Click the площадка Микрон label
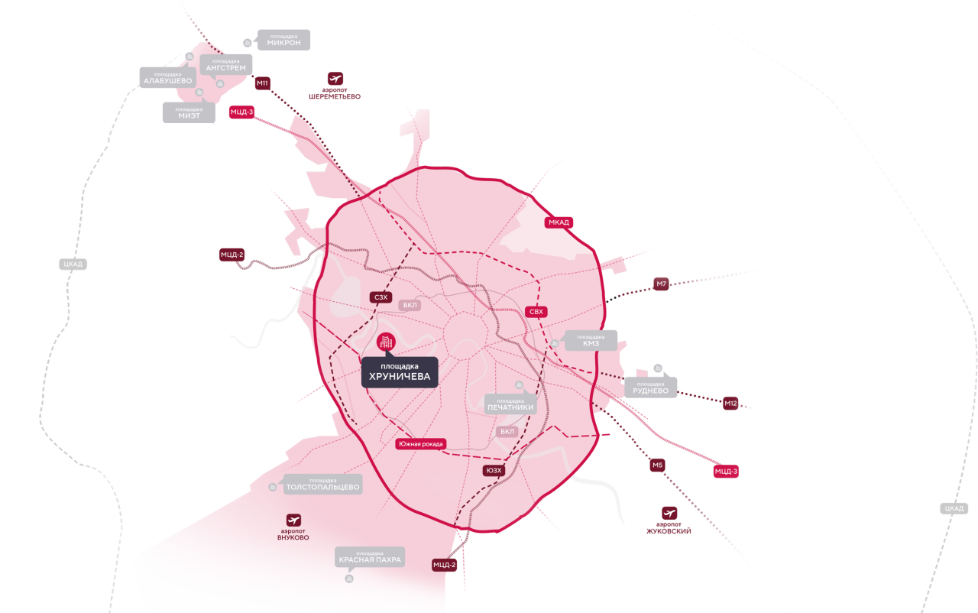pyautogui.click(x=283, y=40)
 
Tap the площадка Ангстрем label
pyautogui.click(x=226, y=65)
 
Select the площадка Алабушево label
pyautogui.click(x=167, y=77)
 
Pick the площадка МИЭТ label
pyautogui.click(x=189, y=112)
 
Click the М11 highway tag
pyautogui.click(x=263, y=83)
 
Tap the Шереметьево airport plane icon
pyautogui.click(x=335, y=79)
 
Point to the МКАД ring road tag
pyautogui.click(x=559, y=222)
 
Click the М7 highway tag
pyautogui.click(x=662, y=284)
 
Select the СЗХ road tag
pyautogui.click(x=381, y=297)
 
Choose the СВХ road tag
pyautogui.click(x=536, y=312)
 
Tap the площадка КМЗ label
pyautogui.click(x=591, y=340)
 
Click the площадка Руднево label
pyautogui.click(x=650, y=388)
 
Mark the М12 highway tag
pyautogui.click(x=730, y=403)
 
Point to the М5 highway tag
pyautogui.click(x=658, y=465)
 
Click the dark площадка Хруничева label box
pyautogui.click(x=400, y=372)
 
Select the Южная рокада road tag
pyautogui.click(x=420, y=444)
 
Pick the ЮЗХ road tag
pyautogui.click(x=494, y=470)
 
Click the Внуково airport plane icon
pyautogui.click(x=293, y=520)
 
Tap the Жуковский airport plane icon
pyautogui.click(x=669, y=513)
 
